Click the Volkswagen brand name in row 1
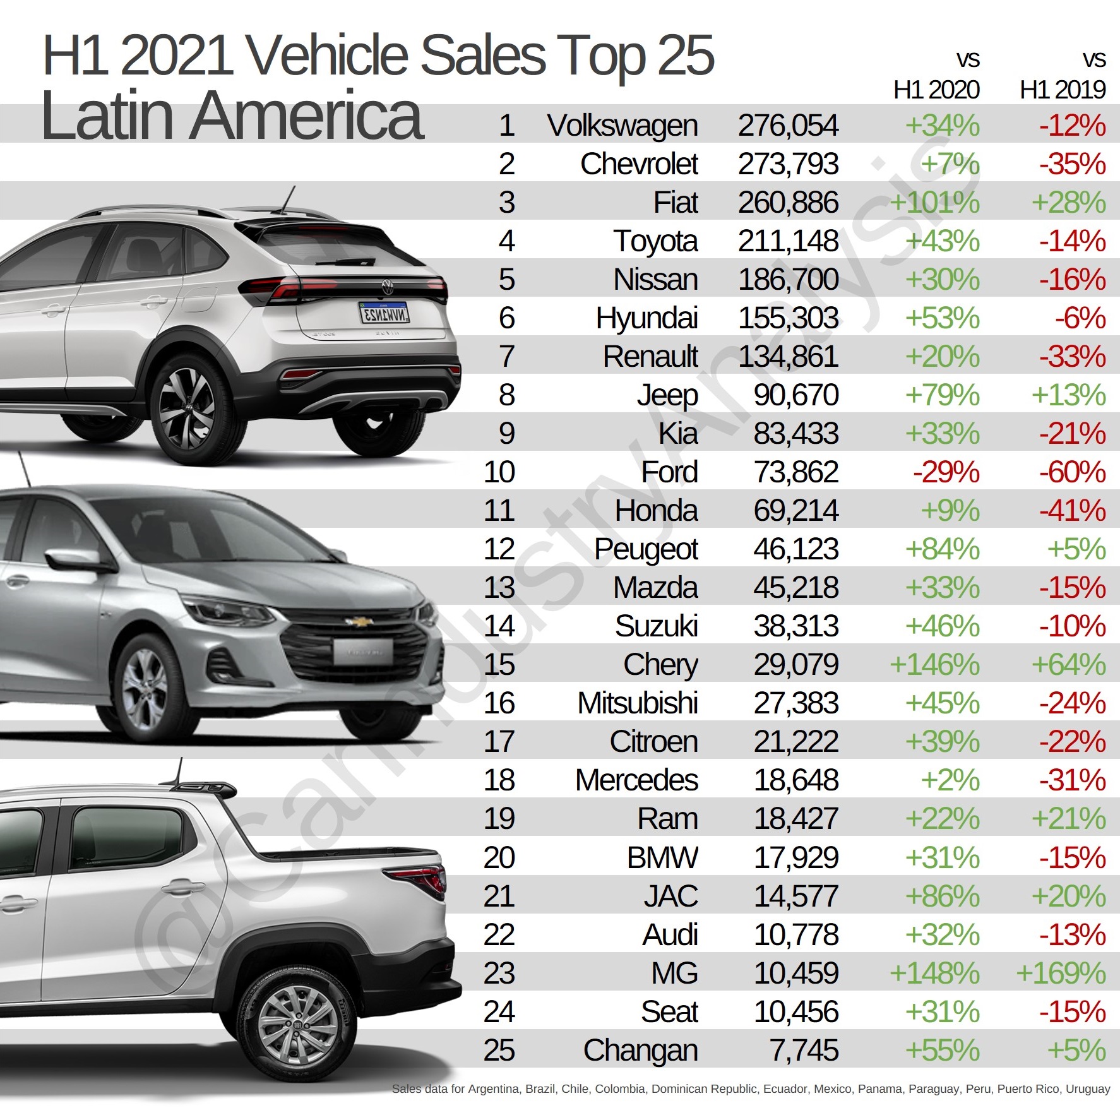622,126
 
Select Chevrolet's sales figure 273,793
787,164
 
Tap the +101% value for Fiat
934,203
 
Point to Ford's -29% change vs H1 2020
946,472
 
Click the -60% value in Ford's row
1072,472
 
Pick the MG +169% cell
1061,973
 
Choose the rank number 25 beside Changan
499,1050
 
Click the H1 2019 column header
1063,90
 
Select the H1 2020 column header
936,90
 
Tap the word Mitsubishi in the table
637,703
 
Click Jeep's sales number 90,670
795,395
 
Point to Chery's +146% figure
934,665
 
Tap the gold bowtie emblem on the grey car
359,622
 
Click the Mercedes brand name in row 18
636,780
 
